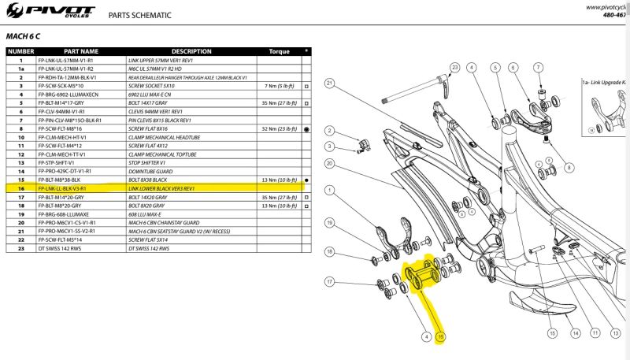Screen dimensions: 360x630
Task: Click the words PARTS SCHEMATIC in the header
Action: (x=141, y=15)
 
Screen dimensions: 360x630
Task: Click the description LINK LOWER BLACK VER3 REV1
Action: (x=161, y=189)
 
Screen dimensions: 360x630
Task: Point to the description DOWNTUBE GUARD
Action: (x=150, y=172)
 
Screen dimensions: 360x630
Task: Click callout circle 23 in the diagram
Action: (x=454, y=67)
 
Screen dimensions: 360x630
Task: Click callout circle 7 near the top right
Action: (x=539, y=67)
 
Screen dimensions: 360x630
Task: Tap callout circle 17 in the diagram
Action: (x=330, y=281)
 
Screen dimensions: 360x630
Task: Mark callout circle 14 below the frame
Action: (x=576, y=334)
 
